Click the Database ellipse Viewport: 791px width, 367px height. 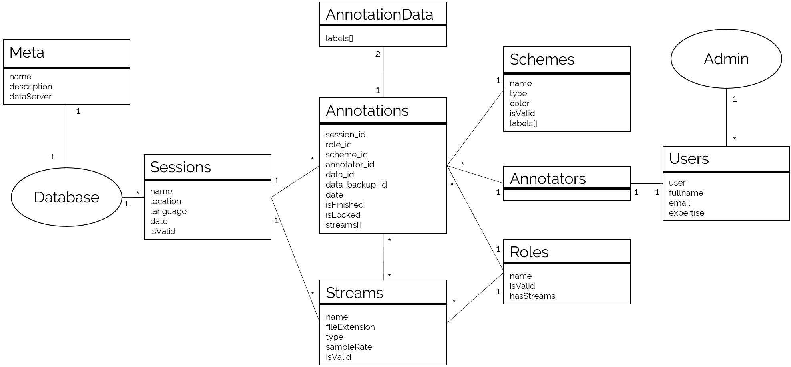[66, 197]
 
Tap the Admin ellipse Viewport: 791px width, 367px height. [726, 59]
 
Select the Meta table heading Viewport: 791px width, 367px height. [27, 53]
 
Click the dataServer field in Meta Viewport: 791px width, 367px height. [30, 97]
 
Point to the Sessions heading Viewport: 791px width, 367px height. [180, 167]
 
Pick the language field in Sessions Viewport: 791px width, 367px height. [168, 211]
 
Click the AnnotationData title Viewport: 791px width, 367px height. [379, 14]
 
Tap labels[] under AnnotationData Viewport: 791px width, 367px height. [339, 38]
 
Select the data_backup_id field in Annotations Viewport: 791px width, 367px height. [356, 185]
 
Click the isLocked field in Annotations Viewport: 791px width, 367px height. [343, 215]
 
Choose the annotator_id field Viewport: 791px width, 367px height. [350, 165]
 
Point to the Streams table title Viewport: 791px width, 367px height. [354, 293]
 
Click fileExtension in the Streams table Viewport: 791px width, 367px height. [350, 327]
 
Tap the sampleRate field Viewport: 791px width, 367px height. [349, 347]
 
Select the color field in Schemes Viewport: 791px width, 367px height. [519, 103]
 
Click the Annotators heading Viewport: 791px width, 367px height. [547, 179]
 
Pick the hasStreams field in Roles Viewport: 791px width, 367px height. [532, 296]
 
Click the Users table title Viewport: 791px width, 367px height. [689, 159]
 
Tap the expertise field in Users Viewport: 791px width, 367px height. [686, 213]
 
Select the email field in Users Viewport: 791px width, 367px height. [679, 203]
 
